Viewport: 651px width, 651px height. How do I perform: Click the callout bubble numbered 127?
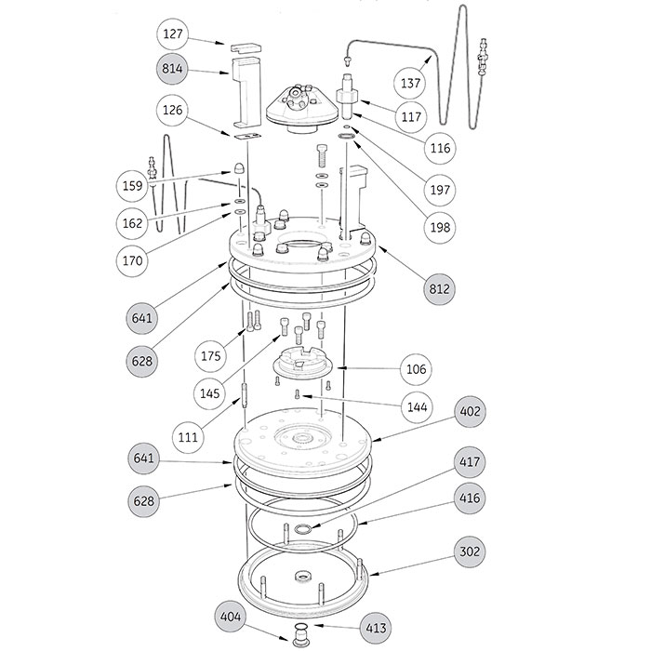tap(173, 33)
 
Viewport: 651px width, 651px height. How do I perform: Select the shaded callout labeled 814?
tap(172, 69)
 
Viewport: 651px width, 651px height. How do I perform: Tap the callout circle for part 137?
tap(410, 83)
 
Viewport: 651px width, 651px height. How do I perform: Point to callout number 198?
tap(440, 227)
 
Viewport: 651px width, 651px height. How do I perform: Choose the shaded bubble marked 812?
tap(439, 289)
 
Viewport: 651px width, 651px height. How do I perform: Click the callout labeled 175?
tap(210, 356)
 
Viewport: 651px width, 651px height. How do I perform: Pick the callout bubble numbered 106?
tap(416, 369)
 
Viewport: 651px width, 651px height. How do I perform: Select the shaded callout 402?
tap(470, 411)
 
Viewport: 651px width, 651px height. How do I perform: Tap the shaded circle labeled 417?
tap(470, 461)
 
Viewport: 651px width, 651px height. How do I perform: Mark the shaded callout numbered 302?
tap(470, 551)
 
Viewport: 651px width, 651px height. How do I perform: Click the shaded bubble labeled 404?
tap(231, 617)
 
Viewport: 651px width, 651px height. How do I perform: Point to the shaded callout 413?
tap(376, 628)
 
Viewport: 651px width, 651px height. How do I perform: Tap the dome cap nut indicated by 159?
tap(239, 168)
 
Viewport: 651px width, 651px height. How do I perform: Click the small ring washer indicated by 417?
tap(302, 529)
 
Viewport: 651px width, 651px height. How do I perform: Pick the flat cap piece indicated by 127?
tap(246, 47)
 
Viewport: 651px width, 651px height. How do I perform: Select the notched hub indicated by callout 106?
tap(302, 363)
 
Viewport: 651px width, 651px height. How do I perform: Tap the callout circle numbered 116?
tap(440, 148)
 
